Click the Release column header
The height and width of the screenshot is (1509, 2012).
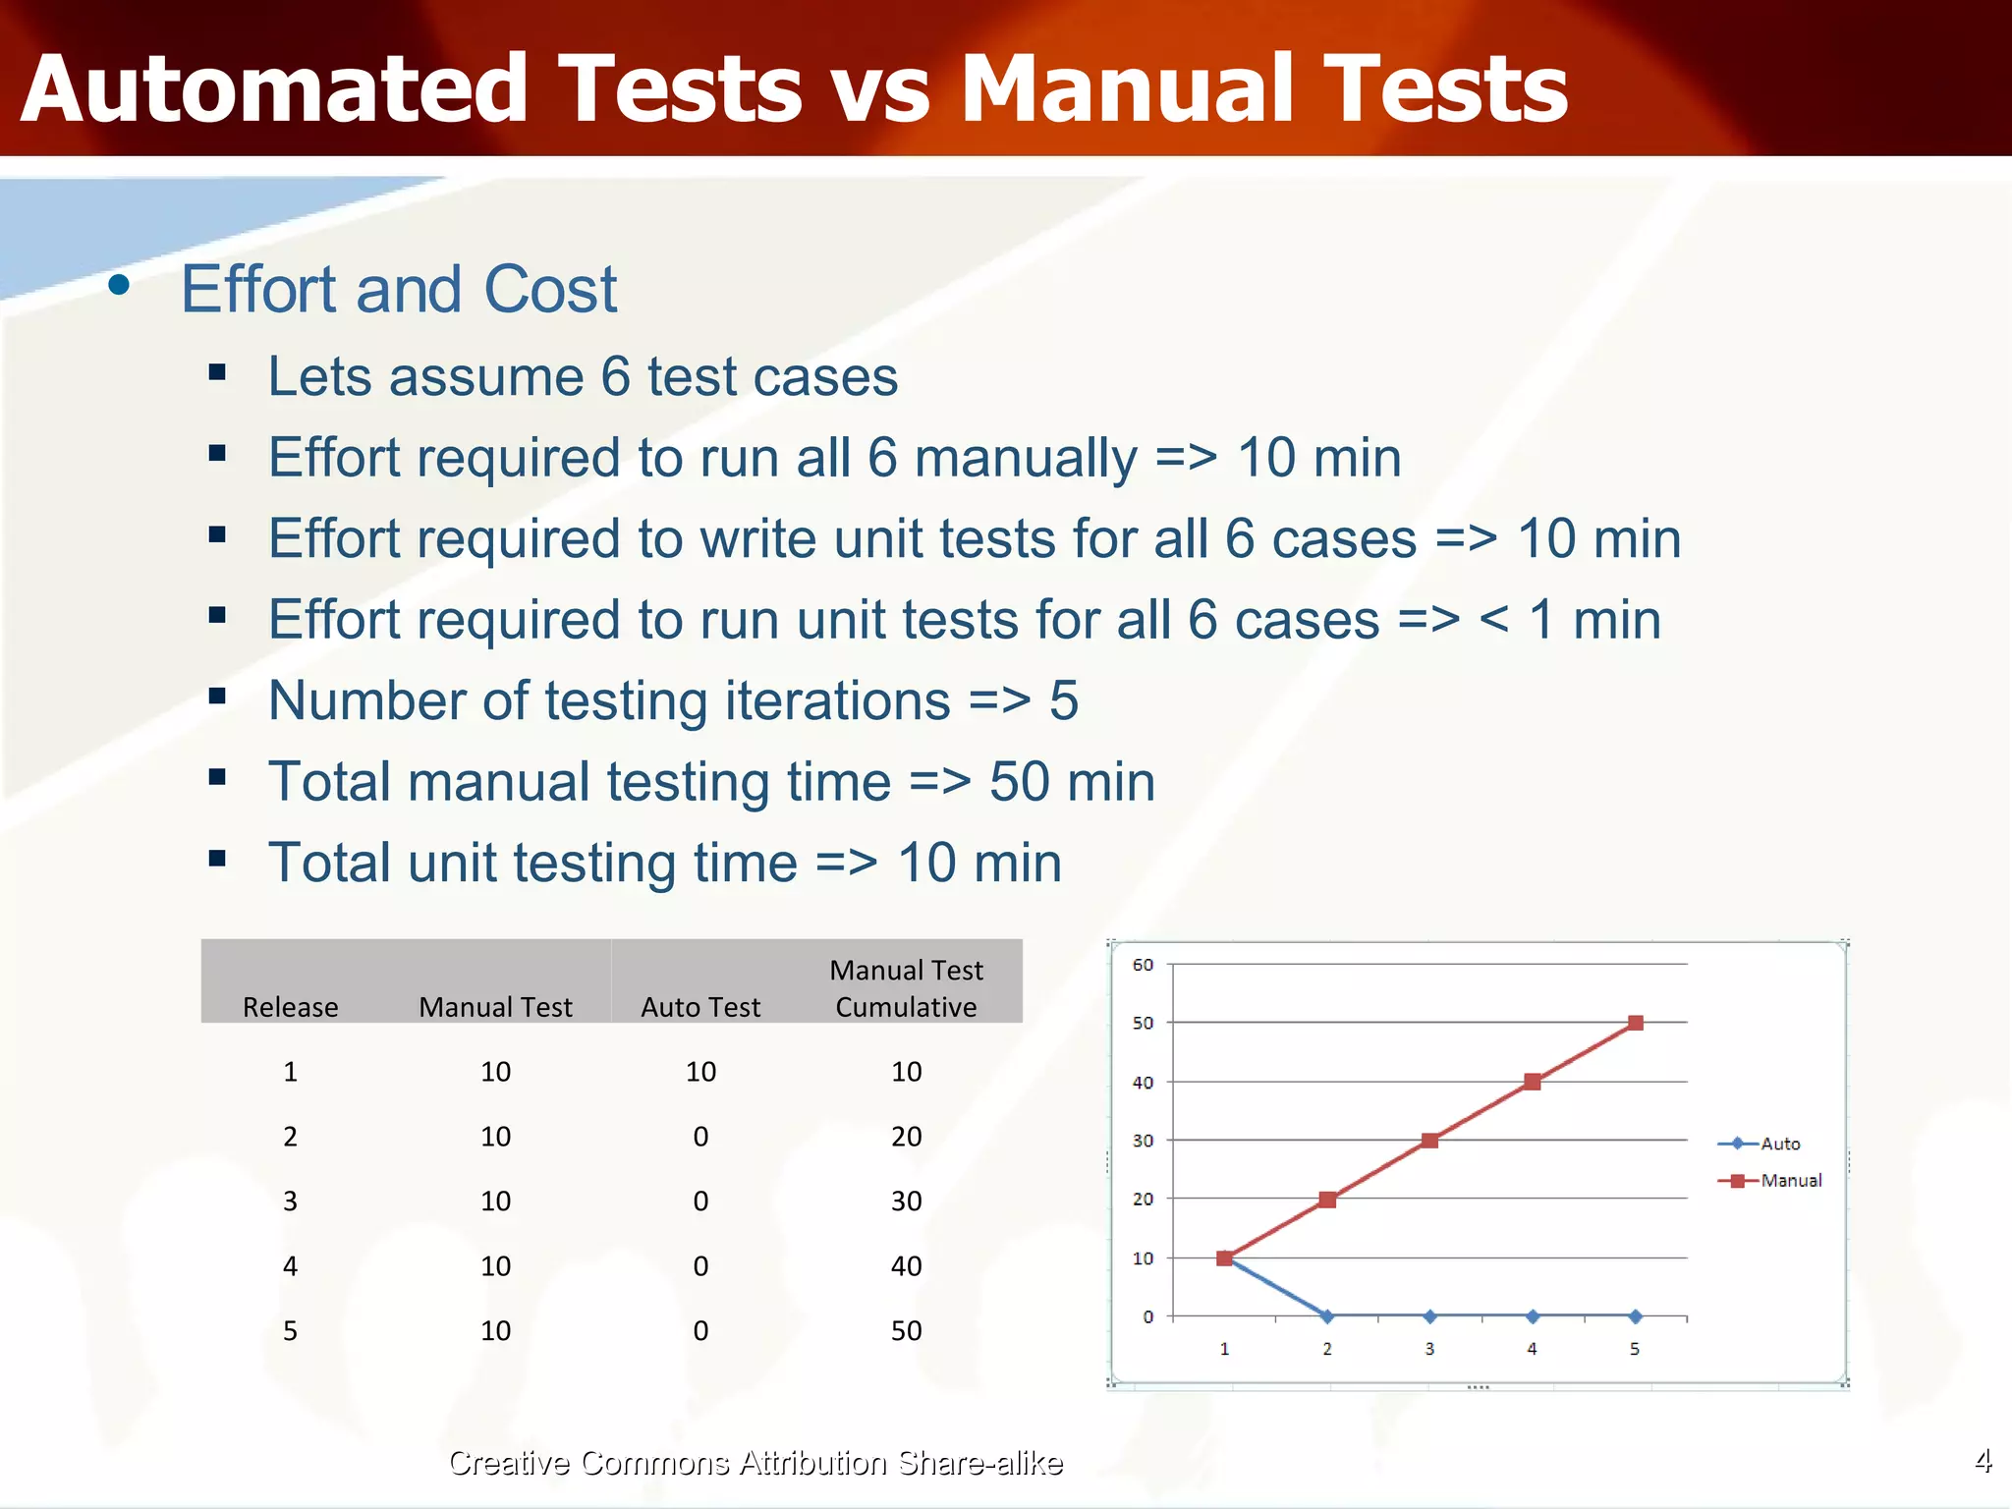tap(290, 1007)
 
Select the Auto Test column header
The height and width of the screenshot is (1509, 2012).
tap(700, 1007)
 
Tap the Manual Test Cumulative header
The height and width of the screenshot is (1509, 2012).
tap(906, 988)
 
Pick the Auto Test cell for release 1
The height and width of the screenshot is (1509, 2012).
tap(700, 1071)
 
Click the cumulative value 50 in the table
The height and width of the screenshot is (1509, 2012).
tap(906, 1330)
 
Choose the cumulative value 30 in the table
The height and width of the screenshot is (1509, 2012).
tap(906, 1201)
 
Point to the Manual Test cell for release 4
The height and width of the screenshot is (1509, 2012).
tap(495, 1265)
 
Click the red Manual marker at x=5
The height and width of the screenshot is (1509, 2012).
tap(1635, 1023)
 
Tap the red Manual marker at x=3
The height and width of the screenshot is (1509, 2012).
tap(1429, 1141)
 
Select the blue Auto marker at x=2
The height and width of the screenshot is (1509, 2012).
tap(1327, 1316)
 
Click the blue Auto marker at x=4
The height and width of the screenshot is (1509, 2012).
tap(1533, 1316)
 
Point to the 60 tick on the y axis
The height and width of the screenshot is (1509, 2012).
tap(1143, 965)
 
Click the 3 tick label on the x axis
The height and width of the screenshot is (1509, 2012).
tap(1429, 1349)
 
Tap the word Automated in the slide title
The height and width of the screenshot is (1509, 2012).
tap(274, 90)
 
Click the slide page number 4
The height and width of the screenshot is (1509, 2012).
tap(1983, 1461)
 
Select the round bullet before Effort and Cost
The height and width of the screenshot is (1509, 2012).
tap(120, 286)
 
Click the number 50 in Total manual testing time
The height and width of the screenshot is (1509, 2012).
tap(1019, 782)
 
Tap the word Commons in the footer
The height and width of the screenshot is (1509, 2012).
tap(654, 1463)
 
